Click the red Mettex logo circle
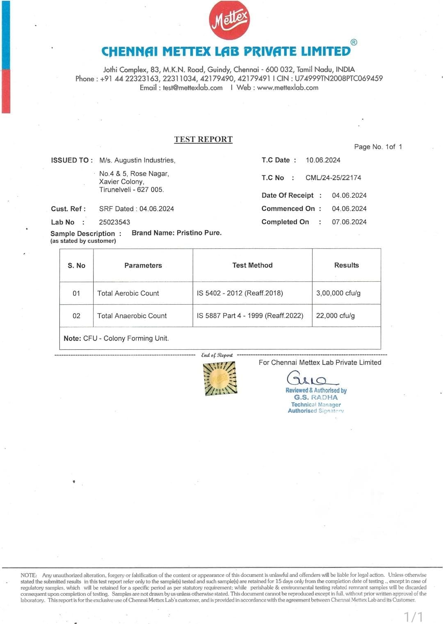229,20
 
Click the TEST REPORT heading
203,139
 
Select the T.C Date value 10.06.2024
323,160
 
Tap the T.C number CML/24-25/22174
333,178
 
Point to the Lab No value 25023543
114,222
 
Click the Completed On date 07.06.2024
349,222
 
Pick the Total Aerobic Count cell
128,294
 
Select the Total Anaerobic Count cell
132,316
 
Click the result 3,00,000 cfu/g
338,294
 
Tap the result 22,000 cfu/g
335,316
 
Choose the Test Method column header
252,266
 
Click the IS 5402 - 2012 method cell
240,294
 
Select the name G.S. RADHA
316,398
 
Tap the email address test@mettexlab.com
192,88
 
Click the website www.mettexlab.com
288,88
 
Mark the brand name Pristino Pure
199,233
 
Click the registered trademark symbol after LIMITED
354,42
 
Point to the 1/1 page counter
413,617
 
